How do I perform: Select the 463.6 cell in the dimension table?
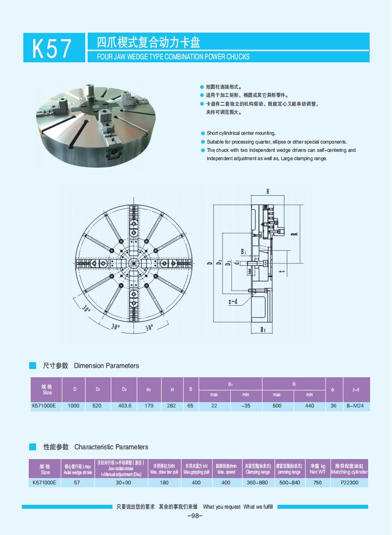coord(125,406)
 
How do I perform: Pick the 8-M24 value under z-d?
coord(355,406)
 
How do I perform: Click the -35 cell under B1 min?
coord(245,406)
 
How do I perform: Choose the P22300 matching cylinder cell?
coord(349,482)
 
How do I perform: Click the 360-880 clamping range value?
coord(258,482)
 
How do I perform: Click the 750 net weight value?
coord(317,482)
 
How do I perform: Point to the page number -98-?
coord(195,516)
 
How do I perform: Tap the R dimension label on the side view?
coord(294,234)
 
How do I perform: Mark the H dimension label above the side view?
coord(268,191)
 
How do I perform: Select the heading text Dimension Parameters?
coord(106,366)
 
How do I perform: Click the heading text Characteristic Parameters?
coord(111,447)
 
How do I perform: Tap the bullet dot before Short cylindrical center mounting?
coord(203,133)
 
